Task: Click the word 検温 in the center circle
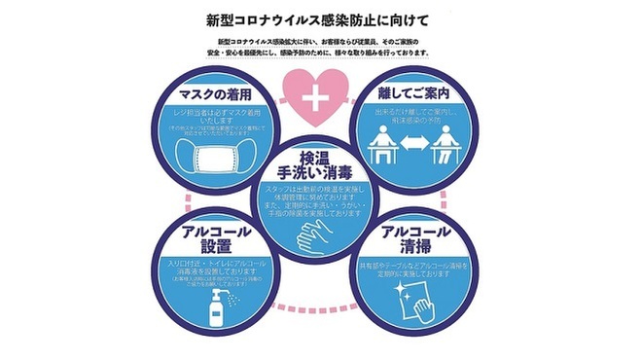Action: pyautogui.click(x=318, y=158)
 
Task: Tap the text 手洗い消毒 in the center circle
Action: pyautogui.click(x=318, y=178)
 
